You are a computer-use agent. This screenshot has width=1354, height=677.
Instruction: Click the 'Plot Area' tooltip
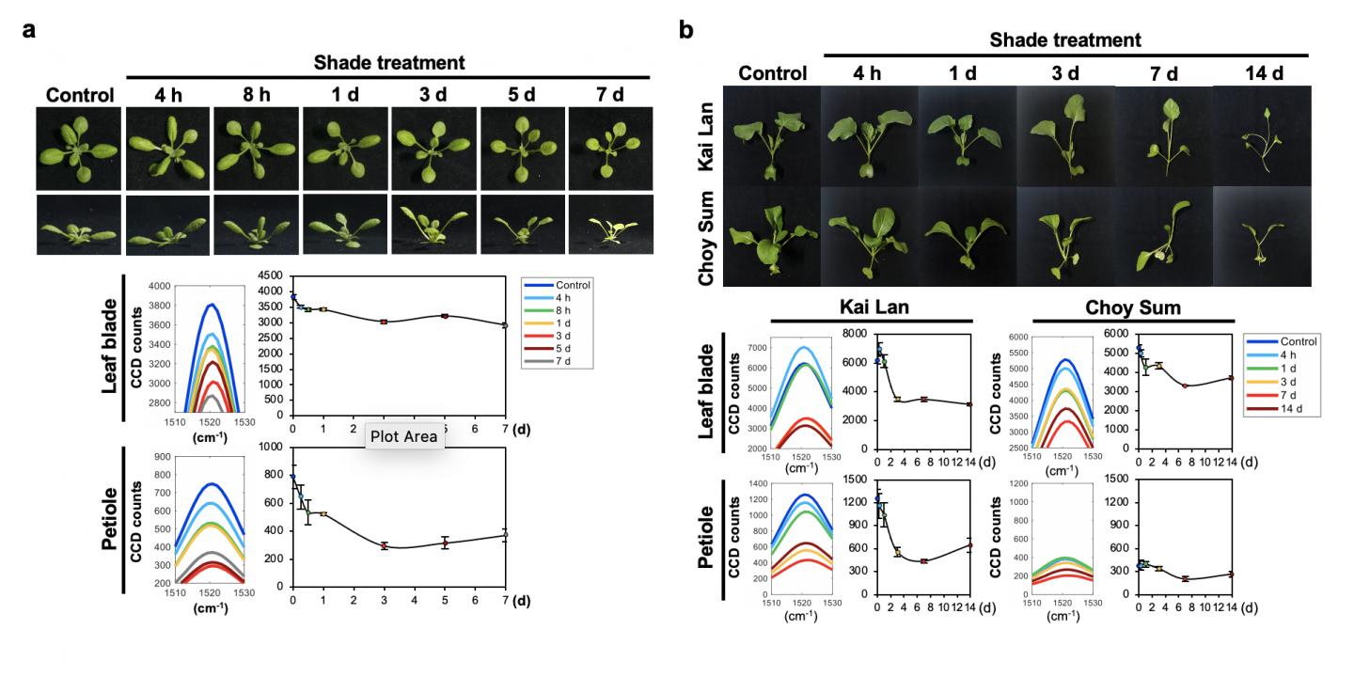pos(403,436)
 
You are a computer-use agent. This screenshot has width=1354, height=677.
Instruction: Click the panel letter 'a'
pos(29,30)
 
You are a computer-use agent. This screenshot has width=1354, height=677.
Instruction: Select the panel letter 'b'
pos(686,30)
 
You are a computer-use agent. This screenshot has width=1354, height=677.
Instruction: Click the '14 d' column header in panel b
pos(1264,73)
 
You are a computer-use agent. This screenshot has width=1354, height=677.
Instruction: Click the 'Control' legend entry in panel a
pos(559,283)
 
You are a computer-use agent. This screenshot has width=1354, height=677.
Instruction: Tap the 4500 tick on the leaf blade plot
pos(273,276)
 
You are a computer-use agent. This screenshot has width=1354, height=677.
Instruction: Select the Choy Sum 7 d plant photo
pos(1163,236)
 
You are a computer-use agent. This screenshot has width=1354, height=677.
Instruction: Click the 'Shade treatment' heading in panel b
pos(1065,40)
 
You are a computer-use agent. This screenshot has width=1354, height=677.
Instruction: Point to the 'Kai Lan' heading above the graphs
pos(870,307)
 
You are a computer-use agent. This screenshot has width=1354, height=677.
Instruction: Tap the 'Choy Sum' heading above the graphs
pos(1126,307)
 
